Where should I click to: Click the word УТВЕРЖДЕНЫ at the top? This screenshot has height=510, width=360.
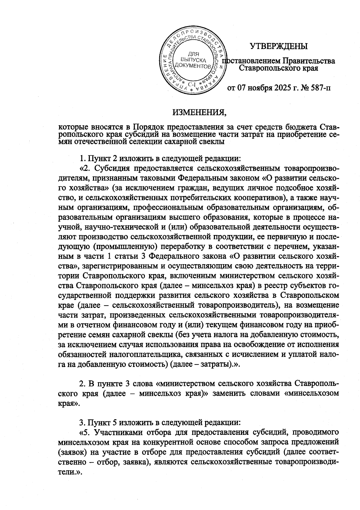pyautogui.click(x=279, y=46)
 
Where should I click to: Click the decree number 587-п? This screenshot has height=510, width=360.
pyautogui.click(x=319, y=88)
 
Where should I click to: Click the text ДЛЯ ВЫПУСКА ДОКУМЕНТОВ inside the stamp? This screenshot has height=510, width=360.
pyautogui.click(x=192, y=60)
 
